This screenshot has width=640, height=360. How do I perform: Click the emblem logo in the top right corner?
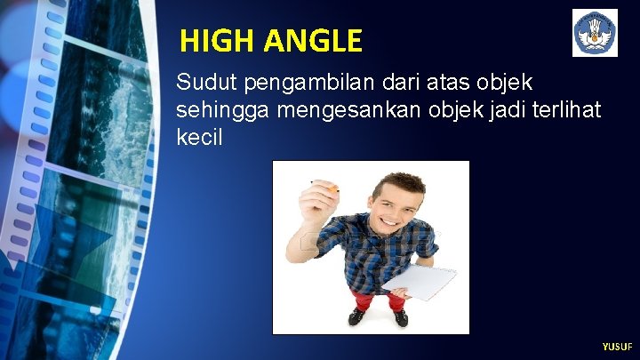click(x=595, y=34)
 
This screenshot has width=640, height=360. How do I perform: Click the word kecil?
click(x=201, y=140)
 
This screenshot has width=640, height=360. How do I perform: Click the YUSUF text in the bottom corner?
click(x=616, y=347)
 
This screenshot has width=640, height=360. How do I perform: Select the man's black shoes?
click(x=378, y=316)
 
